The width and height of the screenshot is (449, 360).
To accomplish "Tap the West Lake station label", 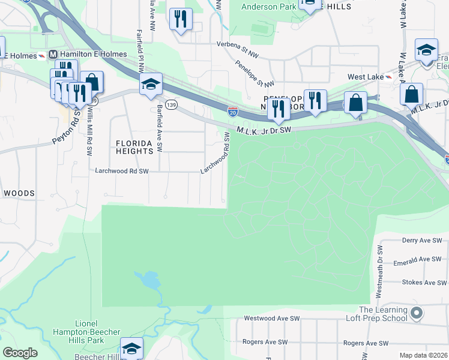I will coord(366,77).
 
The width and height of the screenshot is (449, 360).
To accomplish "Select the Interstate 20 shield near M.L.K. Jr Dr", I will coord(232,111).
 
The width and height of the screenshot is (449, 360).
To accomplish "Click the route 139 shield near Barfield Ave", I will coord(172,105).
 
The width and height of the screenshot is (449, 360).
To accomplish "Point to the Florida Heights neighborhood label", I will coord(134,147).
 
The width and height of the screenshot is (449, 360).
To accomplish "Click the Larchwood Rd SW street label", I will coord(122,171).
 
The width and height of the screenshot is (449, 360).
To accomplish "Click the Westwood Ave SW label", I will coord(271,319).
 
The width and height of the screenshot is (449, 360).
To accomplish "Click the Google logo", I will coord(20,353).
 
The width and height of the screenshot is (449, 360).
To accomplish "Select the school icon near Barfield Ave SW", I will coord(151,85).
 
